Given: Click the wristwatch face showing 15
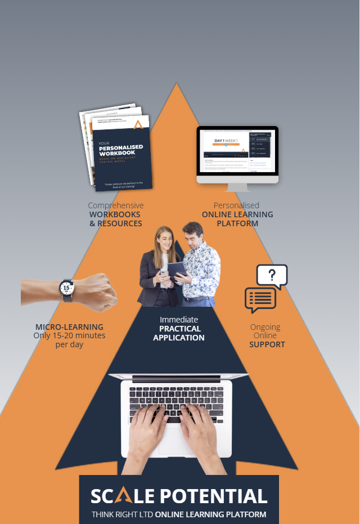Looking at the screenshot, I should pos(66,288).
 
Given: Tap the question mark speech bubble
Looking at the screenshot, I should pos(272,275).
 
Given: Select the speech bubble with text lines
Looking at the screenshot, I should pos(260,299).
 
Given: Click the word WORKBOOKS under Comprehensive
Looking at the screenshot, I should pos(115,214).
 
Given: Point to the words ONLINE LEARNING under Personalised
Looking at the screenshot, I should pos(237,214).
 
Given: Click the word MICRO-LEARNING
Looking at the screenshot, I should pos(69,327).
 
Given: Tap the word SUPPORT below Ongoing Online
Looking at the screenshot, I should pos(267,344).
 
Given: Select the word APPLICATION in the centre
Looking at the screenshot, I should pos(179,338).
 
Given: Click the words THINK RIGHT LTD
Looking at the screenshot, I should pos(121,514).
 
